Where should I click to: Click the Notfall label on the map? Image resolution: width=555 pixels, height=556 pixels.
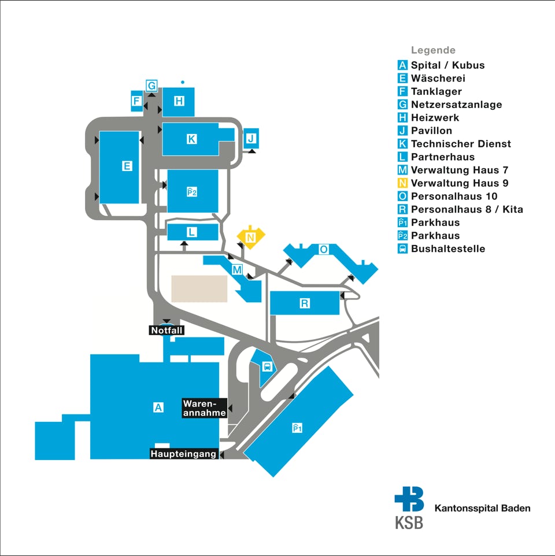166,331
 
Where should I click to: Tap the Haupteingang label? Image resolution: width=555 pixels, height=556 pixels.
183,454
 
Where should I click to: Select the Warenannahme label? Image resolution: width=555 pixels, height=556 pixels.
204,408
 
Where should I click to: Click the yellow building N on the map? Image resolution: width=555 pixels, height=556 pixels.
251,236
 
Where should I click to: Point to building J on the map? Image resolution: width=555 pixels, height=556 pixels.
251,138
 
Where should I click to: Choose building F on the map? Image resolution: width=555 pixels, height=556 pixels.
136,101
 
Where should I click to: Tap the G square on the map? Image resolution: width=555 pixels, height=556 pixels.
152,86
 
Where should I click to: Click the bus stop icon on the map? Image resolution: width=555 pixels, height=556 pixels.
268,366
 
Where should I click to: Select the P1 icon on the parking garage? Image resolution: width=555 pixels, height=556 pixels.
297,428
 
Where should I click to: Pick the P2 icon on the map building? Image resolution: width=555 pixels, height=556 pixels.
192,192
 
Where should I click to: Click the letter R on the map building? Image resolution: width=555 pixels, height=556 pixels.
304,303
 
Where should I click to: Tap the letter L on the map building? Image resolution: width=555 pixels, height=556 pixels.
191,232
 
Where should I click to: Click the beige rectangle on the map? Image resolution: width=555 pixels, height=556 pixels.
199,288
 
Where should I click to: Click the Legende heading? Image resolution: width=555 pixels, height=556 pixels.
433,50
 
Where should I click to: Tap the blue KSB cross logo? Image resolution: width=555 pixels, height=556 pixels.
409,499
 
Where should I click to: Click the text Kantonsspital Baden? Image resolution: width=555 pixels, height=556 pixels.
482,508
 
